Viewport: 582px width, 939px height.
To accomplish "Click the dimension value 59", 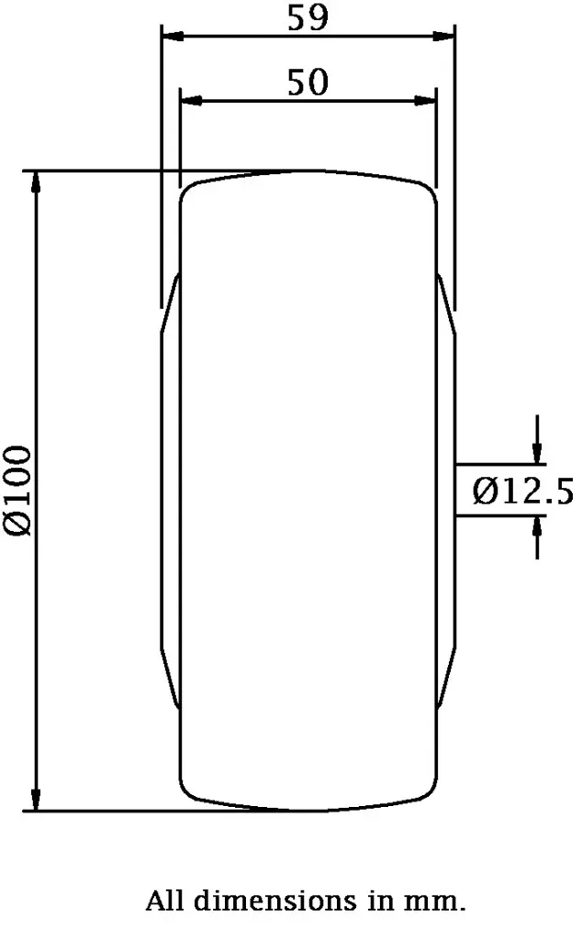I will [x=307, y=18].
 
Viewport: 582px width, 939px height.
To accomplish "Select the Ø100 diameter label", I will [x=20, y=490].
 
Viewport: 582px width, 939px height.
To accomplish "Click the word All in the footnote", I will [x=165, y=901].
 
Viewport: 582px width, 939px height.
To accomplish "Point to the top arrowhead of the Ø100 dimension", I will [x=37, y=181].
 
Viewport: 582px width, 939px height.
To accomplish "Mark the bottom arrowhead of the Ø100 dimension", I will [x=37, y=801].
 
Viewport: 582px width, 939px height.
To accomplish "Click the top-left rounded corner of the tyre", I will [x=187, y=191].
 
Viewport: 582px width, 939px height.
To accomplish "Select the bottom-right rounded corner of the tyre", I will [x=427, y=790].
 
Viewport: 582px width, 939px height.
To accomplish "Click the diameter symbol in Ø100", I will [x=20, y=524].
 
